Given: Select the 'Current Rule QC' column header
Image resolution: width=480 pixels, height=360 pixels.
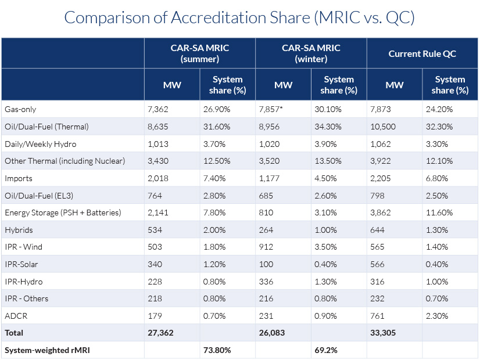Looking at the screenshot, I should point(422,53).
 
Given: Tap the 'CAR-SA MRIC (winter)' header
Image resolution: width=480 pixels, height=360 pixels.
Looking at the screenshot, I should point(311,53).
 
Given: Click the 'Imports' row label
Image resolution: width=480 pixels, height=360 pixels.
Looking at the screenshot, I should point(19,178).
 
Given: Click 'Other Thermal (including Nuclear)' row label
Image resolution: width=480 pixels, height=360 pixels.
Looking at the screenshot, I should point(65,161).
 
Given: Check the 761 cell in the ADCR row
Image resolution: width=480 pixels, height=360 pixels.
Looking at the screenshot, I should point(378,316).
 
